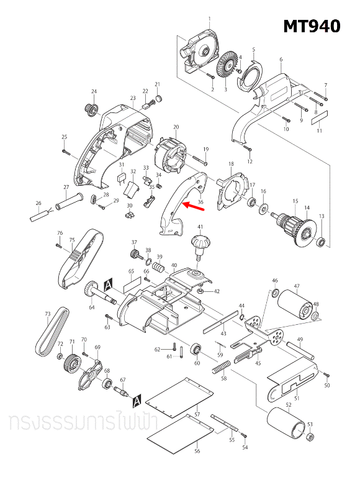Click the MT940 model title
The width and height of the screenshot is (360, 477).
(312, 27)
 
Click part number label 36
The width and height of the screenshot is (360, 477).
(200, 202)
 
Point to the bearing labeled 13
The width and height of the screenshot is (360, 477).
(322, 240)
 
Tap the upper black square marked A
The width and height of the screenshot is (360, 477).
(109, 283)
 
